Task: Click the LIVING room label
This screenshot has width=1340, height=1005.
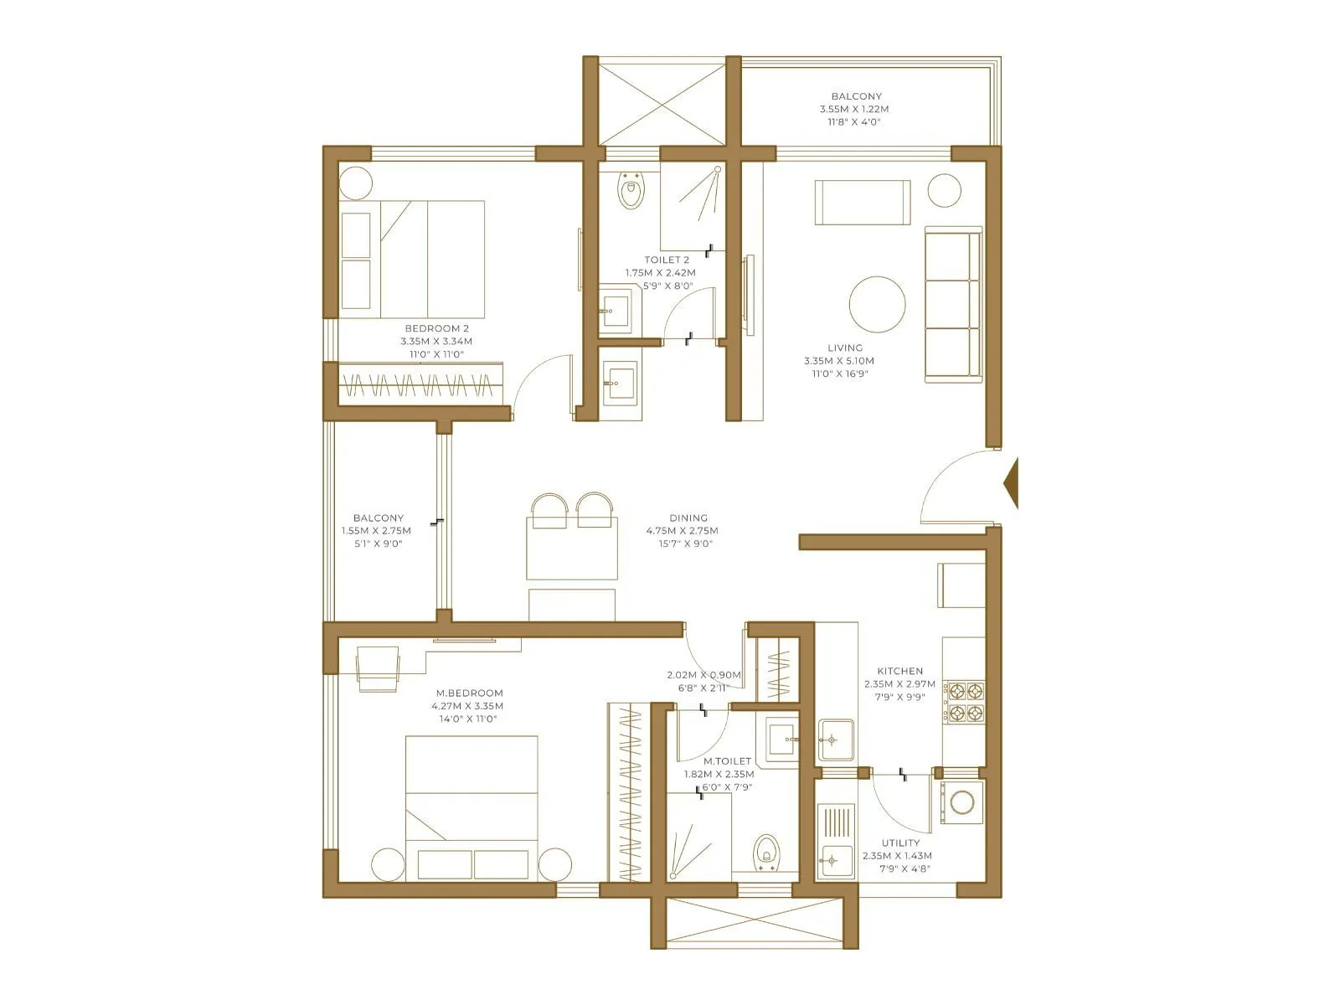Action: pos(844,348)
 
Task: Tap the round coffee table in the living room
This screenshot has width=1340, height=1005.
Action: pos(877,305)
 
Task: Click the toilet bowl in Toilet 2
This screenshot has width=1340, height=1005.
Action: pos(630,192)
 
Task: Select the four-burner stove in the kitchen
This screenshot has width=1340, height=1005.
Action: pos(964,702)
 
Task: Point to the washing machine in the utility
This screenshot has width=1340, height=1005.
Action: pos(961,802)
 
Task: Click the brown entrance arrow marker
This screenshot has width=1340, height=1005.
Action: pos(1012,483)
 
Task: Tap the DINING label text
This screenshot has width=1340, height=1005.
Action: pos(688,518)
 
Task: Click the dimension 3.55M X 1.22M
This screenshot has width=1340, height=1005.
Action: pos(853,109)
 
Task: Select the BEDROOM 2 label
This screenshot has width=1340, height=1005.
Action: pos(436,328)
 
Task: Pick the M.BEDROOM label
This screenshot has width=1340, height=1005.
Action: pos(469,693)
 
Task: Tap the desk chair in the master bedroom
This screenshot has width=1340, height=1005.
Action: pos(377,670)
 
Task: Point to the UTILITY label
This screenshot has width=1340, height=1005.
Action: pos(900,843)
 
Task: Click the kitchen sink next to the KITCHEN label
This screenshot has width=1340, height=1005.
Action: pos(835,740)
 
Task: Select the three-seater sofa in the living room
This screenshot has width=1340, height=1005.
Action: pos(952,306)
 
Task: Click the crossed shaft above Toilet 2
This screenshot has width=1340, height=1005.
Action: pos(662,103)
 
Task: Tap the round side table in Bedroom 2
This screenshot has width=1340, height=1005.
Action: pos(355,183)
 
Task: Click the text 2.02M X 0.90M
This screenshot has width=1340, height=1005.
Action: pos(703,675)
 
